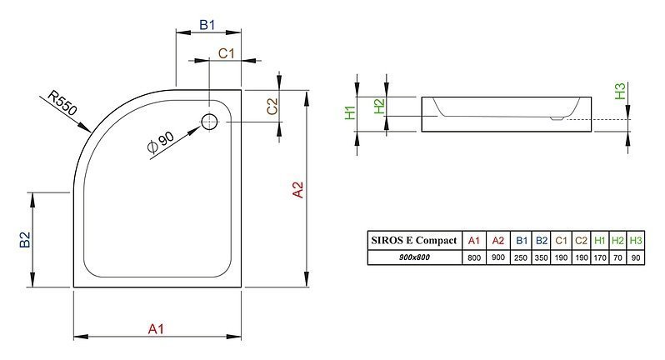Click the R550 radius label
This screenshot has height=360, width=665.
[x=62, y=103]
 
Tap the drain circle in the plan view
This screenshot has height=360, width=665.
[x=209, y=122]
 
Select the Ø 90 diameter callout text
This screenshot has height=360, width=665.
[x=161, y=142]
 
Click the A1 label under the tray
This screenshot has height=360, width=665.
[x=156, y=329]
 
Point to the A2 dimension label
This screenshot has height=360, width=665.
[x=298, y=189]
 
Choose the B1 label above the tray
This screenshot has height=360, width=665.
[x=207, y=25]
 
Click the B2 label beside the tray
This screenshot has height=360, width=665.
[x=25, y=239]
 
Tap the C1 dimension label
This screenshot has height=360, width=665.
[x=226, y=53]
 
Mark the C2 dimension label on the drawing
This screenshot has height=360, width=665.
[x=272, y=107]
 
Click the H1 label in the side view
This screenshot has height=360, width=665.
[x=350, y=112]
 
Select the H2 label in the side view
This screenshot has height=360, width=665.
[x=379, y=106]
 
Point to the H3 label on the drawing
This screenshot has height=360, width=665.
[x=620, y=91]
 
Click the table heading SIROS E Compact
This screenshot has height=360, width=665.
[x=414, y=241]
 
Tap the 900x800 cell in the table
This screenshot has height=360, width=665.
[x=414, y=257]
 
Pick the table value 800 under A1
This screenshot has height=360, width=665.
[x=473, y=257]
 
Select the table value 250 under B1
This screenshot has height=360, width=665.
[x=521, y=257]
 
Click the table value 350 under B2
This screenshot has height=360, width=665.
[x=541, y=257]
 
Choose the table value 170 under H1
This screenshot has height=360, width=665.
[x=600, y=257]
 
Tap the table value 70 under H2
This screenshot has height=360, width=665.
[x=617, y=257]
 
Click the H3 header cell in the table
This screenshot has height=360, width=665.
[x=635, y=241]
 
